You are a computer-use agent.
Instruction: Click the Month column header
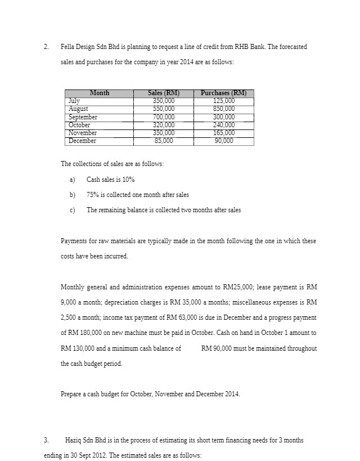pos(100,93)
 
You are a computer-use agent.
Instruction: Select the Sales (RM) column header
pos(164,93)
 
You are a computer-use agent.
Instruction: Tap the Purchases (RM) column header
pos(223,93)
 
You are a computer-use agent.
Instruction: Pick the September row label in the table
pos(83,117)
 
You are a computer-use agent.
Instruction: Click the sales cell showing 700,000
pos(164,117)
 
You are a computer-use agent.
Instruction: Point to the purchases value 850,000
pos(223,109)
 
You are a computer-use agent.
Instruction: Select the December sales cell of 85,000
pos(164,141)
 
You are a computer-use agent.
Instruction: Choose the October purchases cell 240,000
pos(223,125)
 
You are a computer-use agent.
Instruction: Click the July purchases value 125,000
pos(223,101)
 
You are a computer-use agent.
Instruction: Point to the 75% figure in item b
pos(92,195)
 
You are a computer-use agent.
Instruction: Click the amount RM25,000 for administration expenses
pos(208,287)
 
